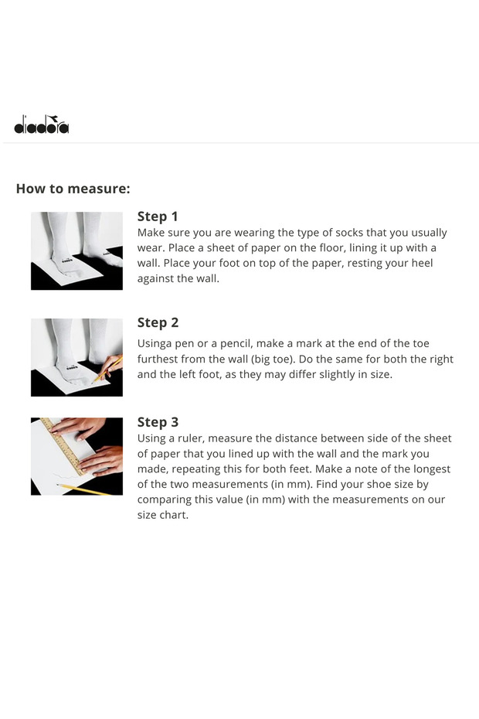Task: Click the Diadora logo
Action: click(41, 124)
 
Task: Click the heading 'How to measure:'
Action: click(73, 189)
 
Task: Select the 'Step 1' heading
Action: click(158, 216)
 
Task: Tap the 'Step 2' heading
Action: click(158, 323)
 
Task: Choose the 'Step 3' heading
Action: click(158, 422)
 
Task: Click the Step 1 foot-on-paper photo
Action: click(76, 250)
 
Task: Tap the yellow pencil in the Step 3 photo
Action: click(83, 489)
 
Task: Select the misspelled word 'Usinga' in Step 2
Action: click(155, 344)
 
